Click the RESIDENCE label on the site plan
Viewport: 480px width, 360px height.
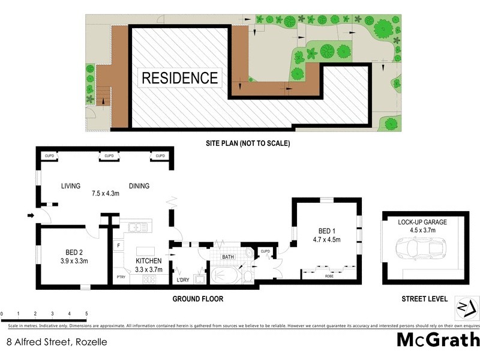(179, 78)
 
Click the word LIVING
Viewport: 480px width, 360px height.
(70, 186)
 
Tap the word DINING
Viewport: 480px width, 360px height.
(139, 186)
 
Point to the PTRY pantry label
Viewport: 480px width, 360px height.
(121, 277)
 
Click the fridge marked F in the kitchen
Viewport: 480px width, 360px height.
(119, 246)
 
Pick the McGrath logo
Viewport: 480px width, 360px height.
(438, 340)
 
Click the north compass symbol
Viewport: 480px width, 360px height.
(466, 307)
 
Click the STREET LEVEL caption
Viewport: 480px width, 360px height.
(424, 298)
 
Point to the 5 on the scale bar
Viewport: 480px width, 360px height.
(86, 313)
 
